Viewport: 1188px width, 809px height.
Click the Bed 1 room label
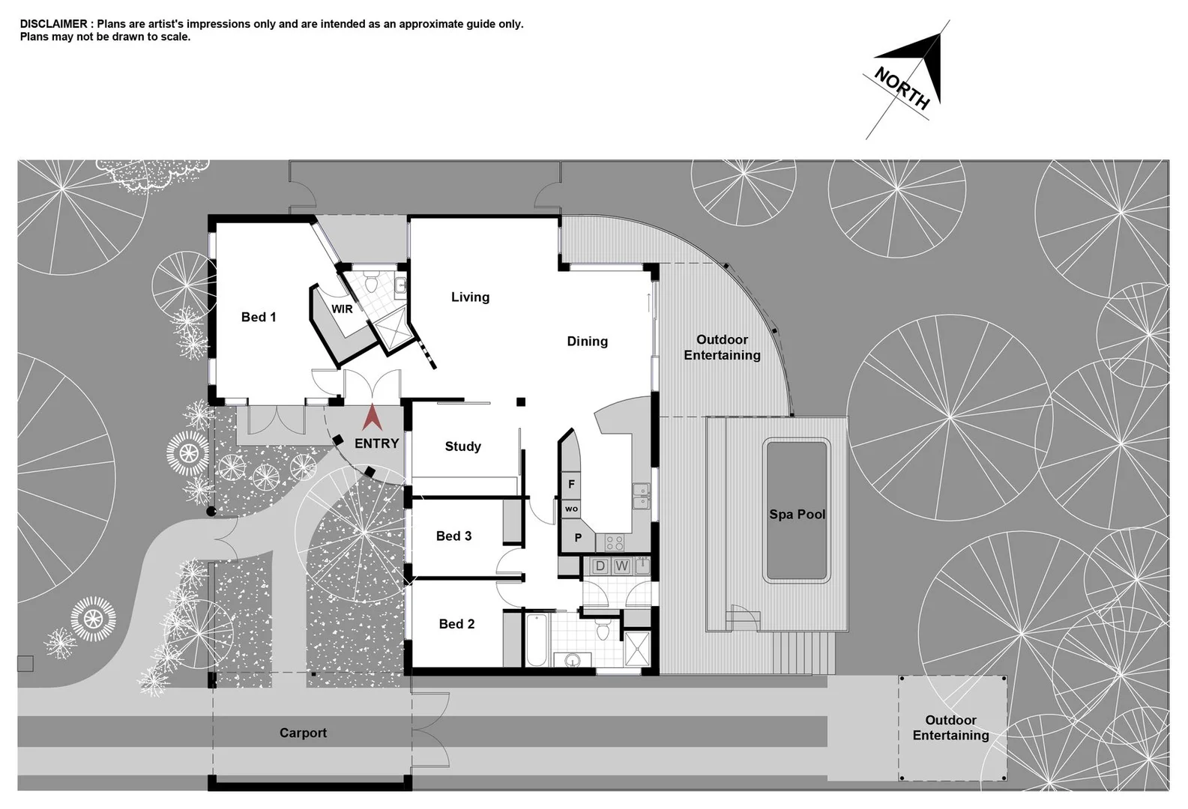point(259,317)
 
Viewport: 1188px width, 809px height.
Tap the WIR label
point(342,309)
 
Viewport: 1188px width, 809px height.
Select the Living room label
point(470,297)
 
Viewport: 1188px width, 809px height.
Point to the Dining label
point(587,341)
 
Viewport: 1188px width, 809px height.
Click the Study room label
point(462,446)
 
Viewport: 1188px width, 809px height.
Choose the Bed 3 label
point(453,536)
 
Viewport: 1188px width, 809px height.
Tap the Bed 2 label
point(456,623)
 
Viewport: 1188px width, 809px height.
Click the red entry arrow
point(373,417)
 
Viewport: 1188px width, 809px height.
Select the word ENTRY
point(376,443)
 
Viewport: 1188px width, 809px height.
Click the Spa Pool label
point(797,514)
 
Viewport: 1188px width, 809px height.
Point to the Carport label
point(303,733)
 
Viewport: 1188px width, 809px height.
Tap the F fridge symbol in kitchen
point(571,484)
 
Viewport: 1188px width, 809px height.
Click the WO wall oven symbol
point(571,509)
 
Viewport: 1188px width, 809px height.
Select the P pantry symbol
point(578,537)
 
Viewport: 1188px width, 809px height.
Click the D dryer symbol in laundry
point(600,566)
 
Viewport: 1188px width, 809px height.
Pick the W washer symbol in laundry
point(621,566)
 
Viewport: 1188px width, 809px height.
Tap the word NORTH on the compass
point(902,88)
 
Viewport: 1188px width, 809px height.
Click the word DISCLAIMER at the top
point(53,24)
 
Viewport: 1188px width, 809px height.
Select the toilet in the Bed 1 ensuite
point(371,283)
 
